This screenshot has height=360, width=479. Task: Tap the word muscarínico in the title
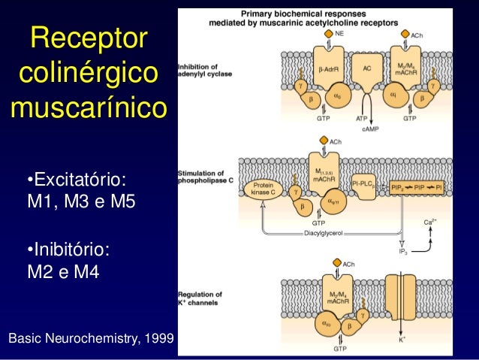coord(89,107)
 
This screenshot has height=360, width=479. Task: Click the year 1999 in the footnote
coord(157,340)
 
